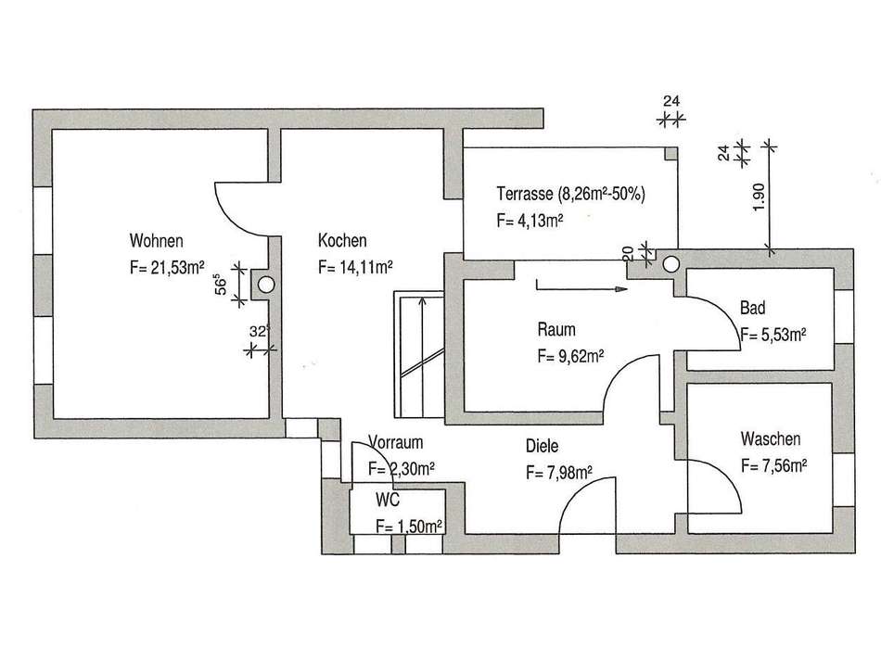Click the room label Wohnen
(150, 241)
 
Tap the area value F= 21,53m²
(167, 269)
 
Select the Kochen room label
(342, 240)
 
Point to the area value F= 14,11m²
(355, 268)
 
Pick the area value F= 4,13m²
(530, 222)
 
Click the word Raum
(556, 329)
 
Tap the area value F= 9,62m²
(571, 355)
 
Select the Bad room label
(752, 309)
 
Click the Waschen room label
(770, 439)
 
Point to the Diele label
(542, 446)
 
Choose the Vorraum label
(396, 441)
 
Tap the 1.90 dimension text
(758, 197)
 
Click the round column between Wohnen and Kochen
(267, 285)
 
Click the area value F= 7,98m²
(558, 473)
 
